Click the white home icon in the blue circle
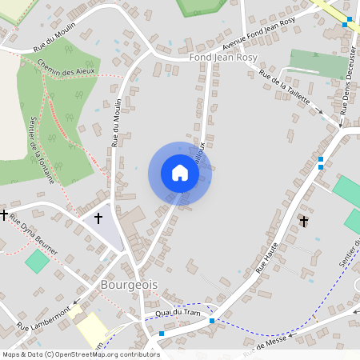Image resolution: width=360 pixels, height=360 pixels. pos(180,173)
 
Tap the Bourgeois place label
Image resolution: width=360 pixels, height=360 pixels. pos(129,285)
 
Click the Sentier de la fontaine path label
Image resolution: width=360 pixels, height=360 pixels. pos(42,150)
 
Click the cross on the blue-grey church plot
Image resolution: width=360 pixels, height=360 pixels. pos(99,218)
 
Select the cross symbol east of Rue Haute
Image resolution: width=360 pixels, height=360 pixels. pos(303,220)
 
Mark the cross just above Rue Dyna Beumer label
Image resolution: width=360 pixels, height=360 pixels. pos(4,215)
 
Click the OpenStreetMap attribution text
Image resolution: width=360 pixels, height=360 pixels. pos(80,354)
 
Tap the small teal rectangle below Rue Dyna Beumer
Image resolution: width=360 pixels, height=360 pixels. pos(36,260)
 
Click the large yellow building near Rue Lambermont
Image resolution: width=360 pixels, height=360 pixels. pos(91,329)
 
